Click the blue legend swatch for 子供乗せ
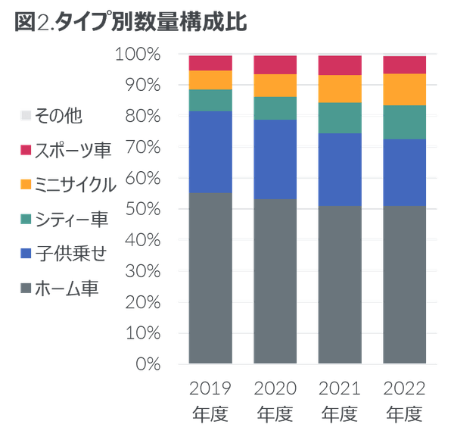(26, 254)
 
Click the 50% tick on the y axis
(141, 209)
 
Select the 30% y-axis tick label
(141, 271)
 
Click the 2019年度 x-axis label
(210, 401)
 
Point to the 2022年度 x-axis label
(405, 401)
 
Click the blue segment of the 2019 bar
(210, 152)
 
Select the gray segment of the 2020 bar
(275, 281)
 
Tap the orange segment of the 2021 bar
(340, 89)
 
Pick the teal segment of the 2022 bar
(405, 122)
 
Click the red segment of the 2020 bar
(275, 64)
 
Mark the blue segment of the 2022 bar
(405, 172)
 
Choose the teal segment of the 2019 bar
(210, 100)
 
